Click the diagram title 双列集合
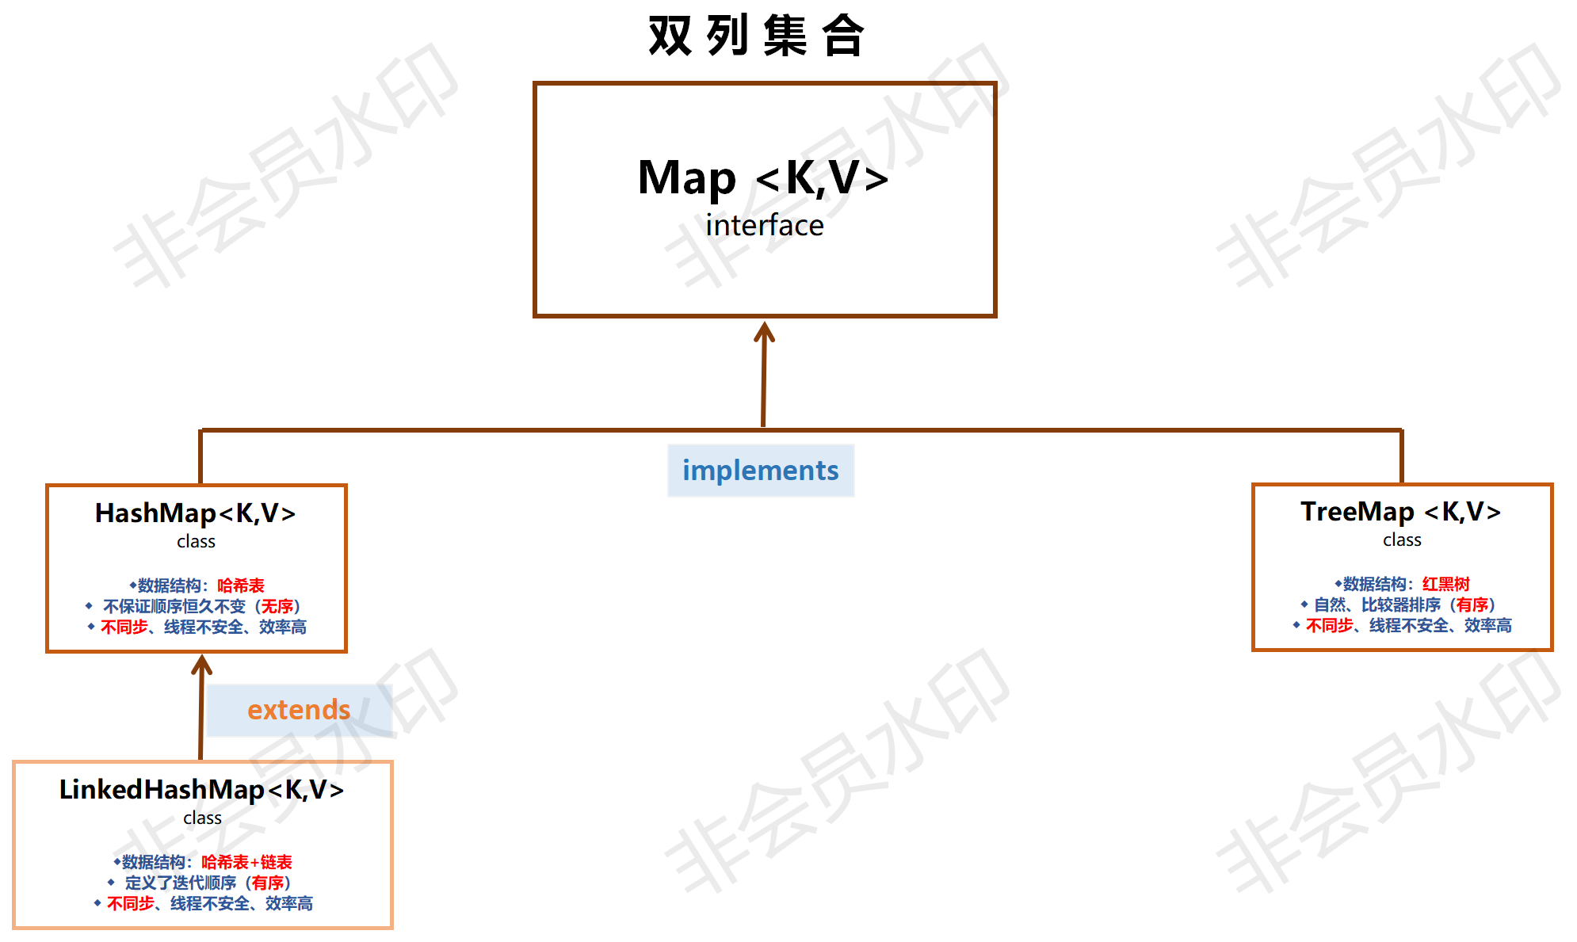coord(756,36)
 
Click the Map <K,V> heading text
coord(762,177)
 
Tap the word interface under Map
coord(765,226)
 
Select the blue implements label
coord(760,471)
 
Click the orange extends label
coord(299,710)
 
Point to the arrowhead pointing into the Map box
coord(764,331)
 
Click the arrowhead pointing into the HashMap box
coord(202,664)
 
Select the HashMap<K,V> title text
coord(195,513)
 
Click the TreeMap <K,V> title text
coord(1400,512)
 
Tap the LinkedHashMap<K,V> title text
coord(201,790)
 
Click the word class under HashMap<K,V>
coord(196,542)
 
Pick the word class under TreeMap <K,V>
coord(1402,540)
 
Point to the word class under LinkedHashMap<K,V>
coord(202,818)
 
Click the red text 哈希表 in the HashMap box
coord(241,585)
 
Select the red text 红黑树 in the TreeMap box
coord(1445,584)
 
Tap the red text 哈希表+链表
coord(246,862)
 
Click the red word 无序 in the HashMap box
coord(277,606)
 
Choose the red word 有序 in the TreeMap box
coord(1472,604)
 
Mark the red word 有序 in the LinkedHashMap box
coord(268,883)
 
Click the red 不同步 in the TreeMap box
coord(1329,625)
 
